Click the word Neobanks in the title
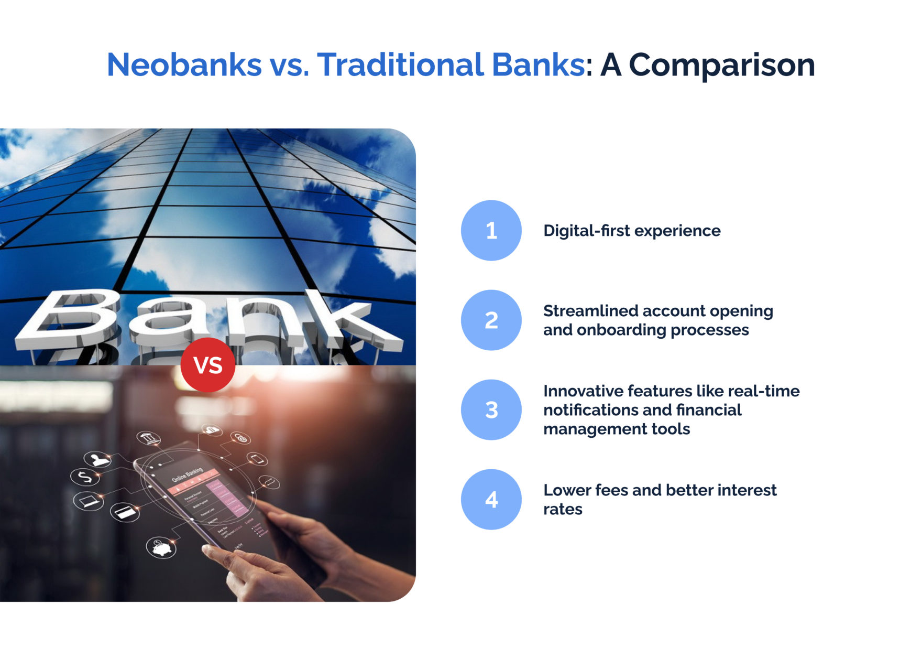pos(184,65)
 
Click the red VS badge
pos(208,365)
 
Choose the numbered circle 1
pos(491,231)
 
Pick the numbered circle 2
pos(491,320)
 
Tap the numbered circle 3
pos(491,410)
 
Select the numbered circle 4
pos(491,500)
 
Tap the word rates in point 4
pos(563,509)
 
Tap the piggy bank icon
pos(161,548)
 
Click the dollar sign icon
pos(85,477)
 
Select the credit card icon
pos(125,512)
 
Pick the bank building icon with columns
pos(149,438)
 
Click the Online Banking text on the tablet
pos(187,474)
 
